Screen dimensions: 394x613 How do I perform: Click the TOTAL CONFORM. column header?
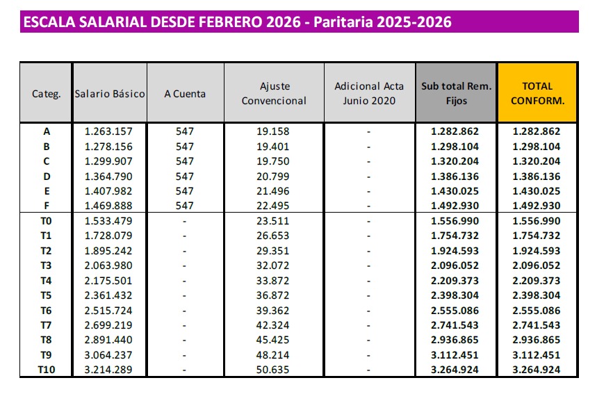pos(537,93)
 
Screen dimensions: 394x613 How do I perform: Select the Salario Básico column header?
pos(110,93)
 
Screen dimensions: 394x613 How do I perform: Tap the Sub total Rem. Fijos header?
pos(456,93)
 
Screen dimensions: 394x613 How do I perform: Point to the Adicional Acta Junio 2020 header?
pos(369,93)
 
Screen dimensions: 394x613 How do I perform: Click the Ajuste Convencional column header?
pos(274,93)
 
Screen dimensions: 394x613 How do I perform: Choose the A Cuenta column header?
pos(185,93)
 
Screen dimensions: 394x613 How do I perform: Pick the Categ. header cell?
pos(47,93)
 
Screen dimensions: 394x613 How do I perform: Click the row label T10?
pos(47,369)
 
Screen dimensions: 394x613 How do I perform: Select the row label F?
pos(47,206)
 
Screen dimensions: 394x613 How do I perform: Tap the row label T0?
pos(47,221)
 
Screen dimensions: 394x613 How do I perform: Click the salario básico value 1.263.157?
pos(108,131)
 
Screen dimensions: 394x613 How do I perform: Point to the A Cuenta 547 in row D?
pos(185,177)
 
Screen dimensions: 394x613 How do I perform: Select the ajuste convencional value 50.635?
pos(274,369)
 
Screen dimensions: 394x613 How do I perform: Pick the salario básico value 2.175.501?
pos(108,280)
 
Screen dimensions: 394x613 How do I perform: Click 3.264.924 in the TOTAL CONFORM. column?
pos(536,369)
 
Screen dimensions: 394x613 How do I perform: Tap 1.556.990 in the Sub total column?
pos(455,221)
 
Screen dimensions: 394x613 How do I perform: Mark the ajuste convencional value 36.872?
pos(274,295)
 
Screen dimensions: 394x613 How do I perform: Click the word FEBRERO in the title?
pos(229,22)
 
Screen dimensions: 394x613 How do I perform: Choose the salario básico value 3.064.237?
pos(108,354)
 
